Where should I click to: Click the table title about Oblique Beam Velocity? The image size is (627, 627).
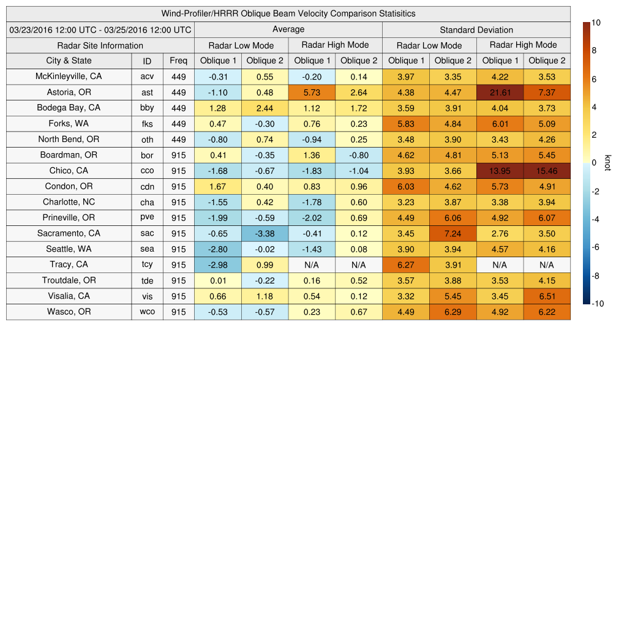(288, 13)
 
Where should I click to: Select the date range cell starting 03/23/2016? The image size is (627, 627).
(100, 29)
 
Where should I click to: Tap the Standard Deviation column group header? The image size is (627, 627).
(476, 29)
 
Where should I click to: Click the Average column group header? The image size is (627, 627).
(288, 29)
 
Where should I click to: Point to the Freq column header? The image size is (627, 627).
(178, 61)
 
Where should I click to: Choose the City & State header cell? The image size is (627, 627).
(69, 61)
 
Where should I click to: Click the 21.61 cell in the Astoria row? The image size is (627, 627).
(500, 92)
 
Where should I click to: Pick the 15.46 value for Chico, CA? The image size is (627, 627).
(547, 171)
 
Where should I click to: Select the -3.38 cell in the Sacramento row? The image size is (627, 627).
(265, 233)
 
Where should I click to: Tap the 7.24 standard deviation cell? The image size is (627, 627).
(452, 233)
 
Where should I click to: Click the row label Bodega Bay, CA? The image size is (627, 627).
(69, 108)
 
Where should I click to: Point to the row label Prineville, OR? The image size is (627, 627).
(69, 217)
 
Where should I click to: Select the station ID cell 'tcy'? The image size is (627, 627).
(147, 265)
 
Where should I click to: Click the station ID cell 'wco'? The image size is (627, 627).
(147, 312)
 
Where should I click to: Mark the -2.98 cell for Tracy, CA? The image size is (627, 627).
(217, 265)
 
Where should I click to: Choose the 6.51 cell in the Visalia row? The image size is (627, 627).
(547, 296)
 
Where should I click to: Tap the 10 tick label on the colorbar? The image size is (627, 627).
(596, 23)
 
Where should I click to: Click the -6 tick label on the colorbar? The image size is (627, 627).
(596, 247)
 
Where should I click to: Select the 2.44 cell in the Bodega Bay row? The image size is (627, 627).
(265, 108)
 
